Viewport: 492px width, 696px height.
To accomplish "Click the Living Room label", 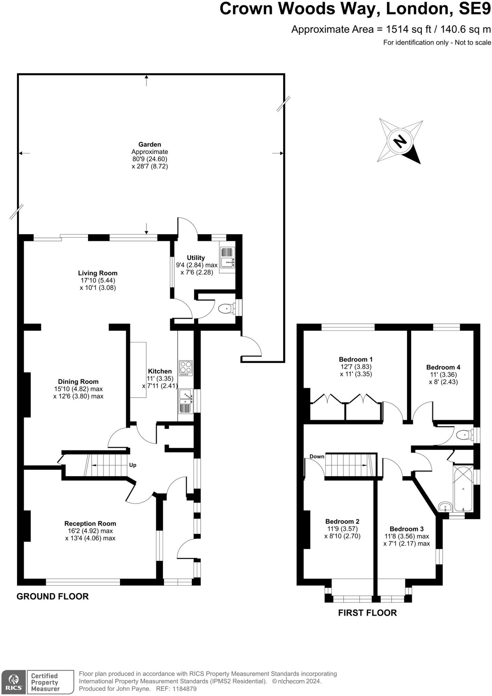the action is pyautogui.click(x=98, y=273).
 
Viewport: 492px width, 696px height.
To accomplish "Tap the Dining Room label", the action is pyautogui.click(x=78, y=382).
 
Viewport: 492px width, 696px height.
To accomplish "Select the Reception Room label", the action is pyautogui.click(x=90, y=523).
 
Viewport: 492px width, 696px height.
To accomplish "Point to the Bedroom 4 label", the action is pyautogui.click(x=443, y=367).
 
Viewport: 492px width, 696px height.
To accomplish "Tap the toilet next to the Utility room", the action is pyautogui.click(x=226, y=309).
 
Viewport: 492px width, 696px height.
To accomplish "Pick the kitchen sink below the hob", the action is pyautogui.click(x=186, y=401).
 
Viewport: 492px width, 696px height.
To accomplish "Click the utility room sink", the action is pyautogui.click(x=227, y=257).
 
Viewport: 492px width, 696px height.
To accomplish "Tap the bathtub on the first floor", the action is pyautogui.click(x=463, y=489).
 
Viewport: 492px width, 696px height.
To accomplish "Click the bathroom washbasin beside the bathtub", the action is pyautogui.click(x=445, y=507).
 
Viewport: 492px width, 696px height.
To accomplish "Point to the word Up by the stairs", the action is pyautogui.click(x=133, y=465).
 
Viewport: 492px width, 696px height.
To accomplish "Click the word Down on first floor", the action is pyautogui.click(x=317, y=456).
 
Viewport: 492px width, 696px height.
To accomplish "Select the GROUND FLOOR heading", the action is pyautogui.click(x=53, y=596).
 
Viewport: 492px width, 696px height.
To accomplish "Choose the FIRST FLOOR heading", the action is pyautogui.click(x=368, y=613).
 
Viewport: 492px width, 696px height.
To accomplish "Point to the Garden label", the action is pyautogui.click(x=150, y=144).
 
